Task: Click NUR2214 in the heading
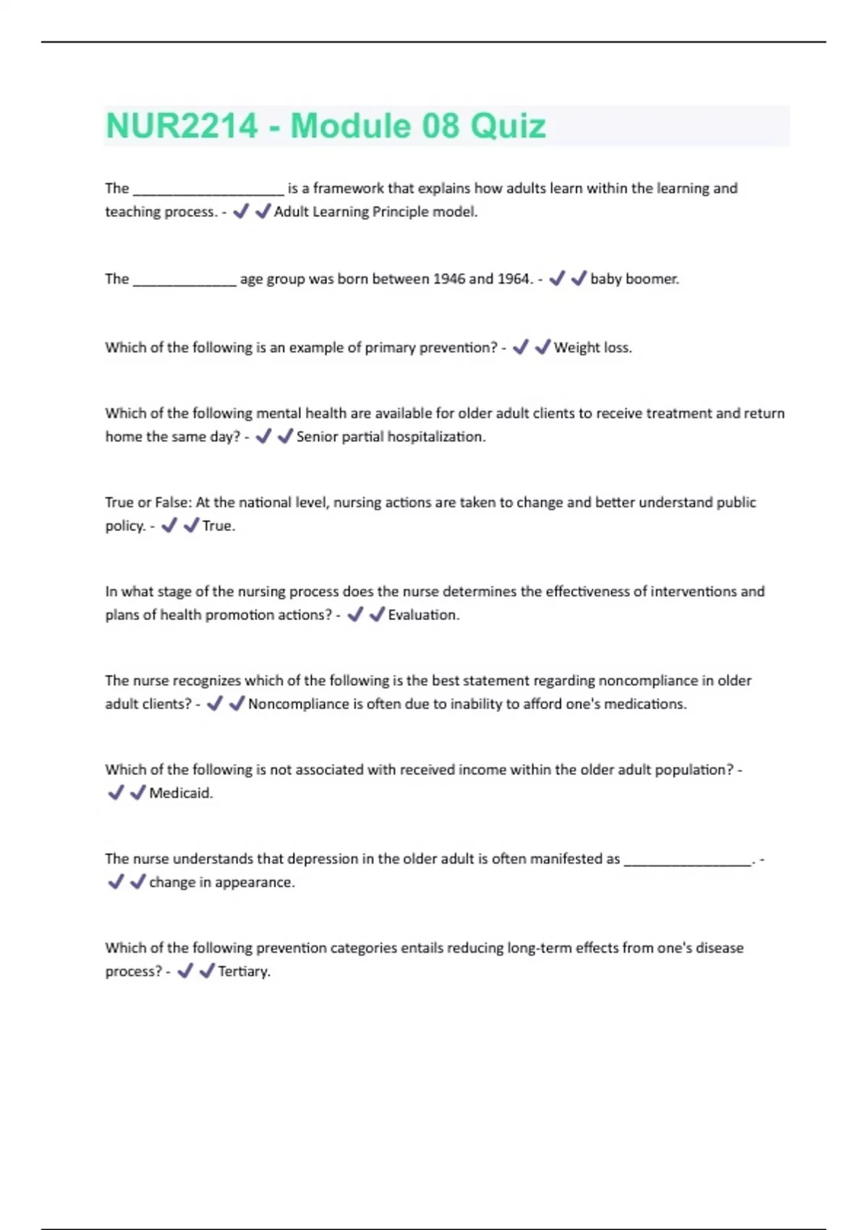[182, 126]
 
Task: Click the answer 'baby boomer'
[634, 279]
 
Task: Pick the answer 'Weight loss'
[592, 347]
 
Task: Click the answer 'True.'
[218, 525]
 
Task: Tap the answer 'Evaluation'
[423, 614]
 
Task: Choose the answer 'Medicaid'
[181, 793]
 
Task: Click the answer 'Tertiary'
[244, 971]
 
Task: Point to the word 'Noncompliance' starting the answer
[298, 703]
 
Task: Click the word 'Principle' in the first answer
[401, 211]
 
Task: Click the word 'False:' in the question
[174, 502]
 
